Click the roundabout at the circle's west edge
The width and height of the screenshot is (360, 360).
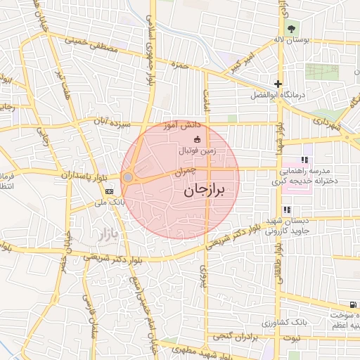pyautogui.click(x=128, y=178)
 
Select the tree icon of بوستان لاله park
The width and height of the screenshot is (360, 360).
pyautogui.click(x=291, y=28)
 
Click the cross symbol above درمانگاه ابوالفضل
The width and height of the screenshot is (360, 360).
pyautogui.click(x=278, y=84)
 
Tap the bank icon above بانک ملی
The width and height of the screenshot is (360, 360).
pyautogui.click(x=109, y=191)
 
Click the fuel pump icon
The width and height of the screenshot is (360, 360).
pyautogui.click(x=349, y=305)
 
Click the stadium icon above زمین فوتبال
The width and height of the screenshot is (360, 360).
pyautogui.click(x=196, y=139)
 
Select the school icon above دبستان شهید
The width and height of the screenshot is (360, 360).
pyautogui.click(x=286, y=210)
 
